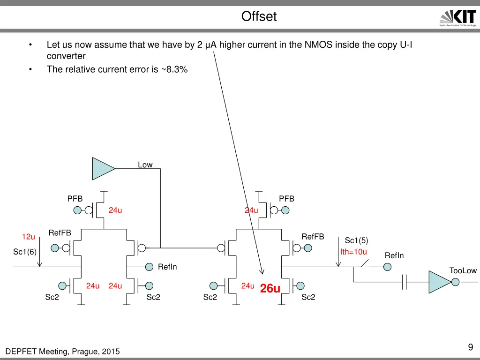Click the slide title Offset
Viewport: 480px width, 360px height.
259,17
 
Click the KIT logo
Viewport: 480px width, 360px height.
458,19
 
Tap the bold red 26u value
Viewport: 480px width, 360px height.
270,289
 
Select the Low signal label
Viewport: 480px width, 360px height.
145,165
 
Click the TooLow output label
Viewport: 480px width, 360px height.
463,270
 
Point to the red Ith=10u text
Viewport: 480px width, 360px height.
353,252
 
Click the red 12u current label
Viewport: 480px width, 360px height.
29,236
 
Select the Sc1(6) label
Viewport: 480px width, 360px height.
25,252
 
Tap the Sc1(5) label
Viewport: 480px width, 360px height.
356,240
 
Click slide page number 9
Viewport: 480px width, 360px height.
470,347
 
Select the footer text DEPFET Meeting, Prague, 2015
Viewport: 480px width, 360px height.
62,352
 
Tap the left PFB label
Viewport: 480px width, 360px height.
75,199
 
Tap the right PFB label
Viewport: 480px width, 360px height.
286,199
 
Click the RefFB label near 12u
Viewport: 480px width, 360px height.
60,233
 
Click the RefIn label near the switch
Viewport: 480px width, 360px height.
394,255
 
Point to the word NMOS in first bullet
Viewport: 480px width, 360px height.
318,45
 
